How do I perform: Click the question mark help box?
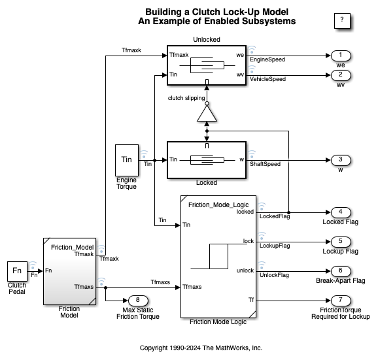pos(342,21)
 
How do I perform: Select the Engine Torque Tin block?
pos(127,160)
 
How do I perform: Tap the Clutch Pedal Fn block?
pos(17,271)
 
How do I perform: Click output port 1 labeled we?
pos(341,56)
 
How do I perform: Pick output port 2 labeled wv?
pos(341,75)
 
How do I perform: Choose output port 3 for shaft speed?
pos(341,160)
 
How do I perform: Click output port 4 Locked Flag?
pos(341,212)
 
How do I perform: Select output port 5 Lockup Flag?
pos(341,242)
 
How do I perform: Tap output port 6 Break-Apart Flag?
pos(341,271)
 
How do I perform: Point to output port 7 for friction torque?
pos(341,301)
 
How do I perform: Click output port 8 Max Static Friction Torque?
pos(138,301)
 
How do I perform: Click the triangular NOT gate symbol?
pos(207,113)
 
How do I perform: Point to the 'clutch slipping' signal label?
pos(186,98)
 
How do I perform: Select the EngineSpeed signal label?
pos(267,59)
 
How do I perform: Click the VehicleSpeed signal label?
pos(267,79)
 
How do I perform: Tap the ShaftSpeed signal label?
pos(265,164)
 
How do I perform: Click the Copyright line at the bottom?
pos(201,348)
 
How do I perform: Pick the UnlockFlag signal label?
pos(274,275)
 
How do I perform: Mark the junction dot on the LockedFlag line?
pos(288,212)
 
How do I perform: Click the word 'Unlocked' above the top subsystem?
pos(207,39)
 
